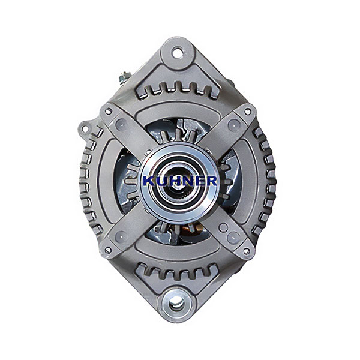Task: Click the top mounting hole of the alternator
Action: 178,53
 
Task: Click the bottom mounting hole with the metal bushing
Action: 176,305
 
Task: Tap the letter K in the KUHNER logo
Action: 149,181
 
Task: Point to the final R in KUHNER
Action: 211,181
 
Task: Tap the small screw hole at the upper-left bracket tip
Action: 108,112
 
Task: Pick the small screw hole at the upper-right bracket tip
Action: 247,112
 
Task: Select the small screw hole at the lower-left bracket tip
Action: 107,250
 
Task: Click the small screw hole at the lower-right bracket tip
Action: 246,251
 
